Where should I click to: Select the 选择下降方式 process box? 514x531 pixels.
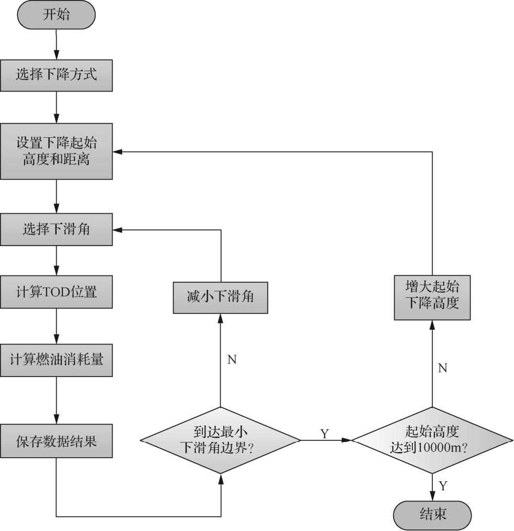pos(56,74)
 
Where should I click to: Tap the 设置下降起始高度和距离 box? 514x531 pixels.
pos(56,151)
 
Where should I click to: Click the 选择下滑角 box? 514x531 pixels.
pos(56,229)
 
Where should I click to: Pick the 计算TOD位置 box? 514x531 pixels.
pos(56,292)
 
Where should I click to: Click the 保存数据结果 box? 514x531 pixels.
pos(56,441)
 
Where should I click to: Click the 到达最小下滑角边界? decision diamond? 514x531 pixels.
pos(221,440)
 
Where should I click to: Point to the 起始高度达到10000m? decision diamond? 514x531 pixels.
pos(432,440)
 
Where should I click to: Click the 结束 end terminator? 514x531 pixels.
pos(432,514)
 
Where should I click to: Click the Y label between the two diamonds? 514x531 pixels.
pos(324,434)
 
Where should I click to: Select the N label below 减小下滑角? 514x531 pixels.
pos(232,360)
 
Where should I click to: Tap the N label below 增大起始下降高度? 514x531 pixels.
pos(442,368)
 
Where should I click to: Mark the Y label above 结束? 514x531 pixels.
pos(443,486)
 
